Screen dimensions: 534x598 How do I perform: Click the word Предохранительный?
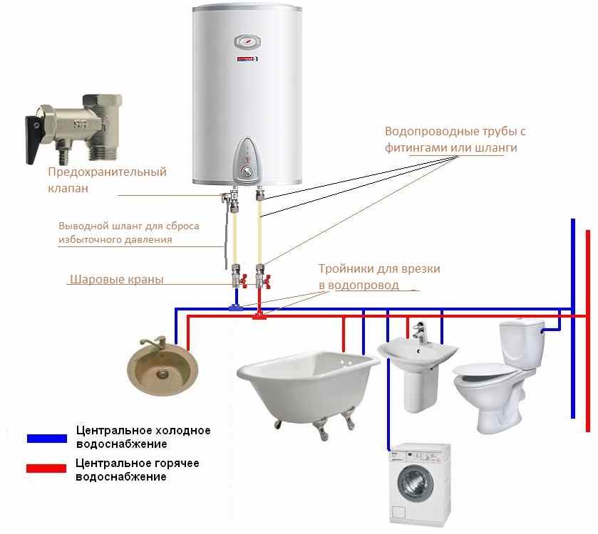107,172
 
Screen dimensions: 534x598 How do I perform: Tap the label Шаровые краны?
117,280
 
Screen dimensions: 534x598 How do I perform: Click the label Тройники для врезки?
379,269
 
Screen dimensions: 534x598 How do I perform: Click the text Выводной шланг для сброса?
128,226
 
